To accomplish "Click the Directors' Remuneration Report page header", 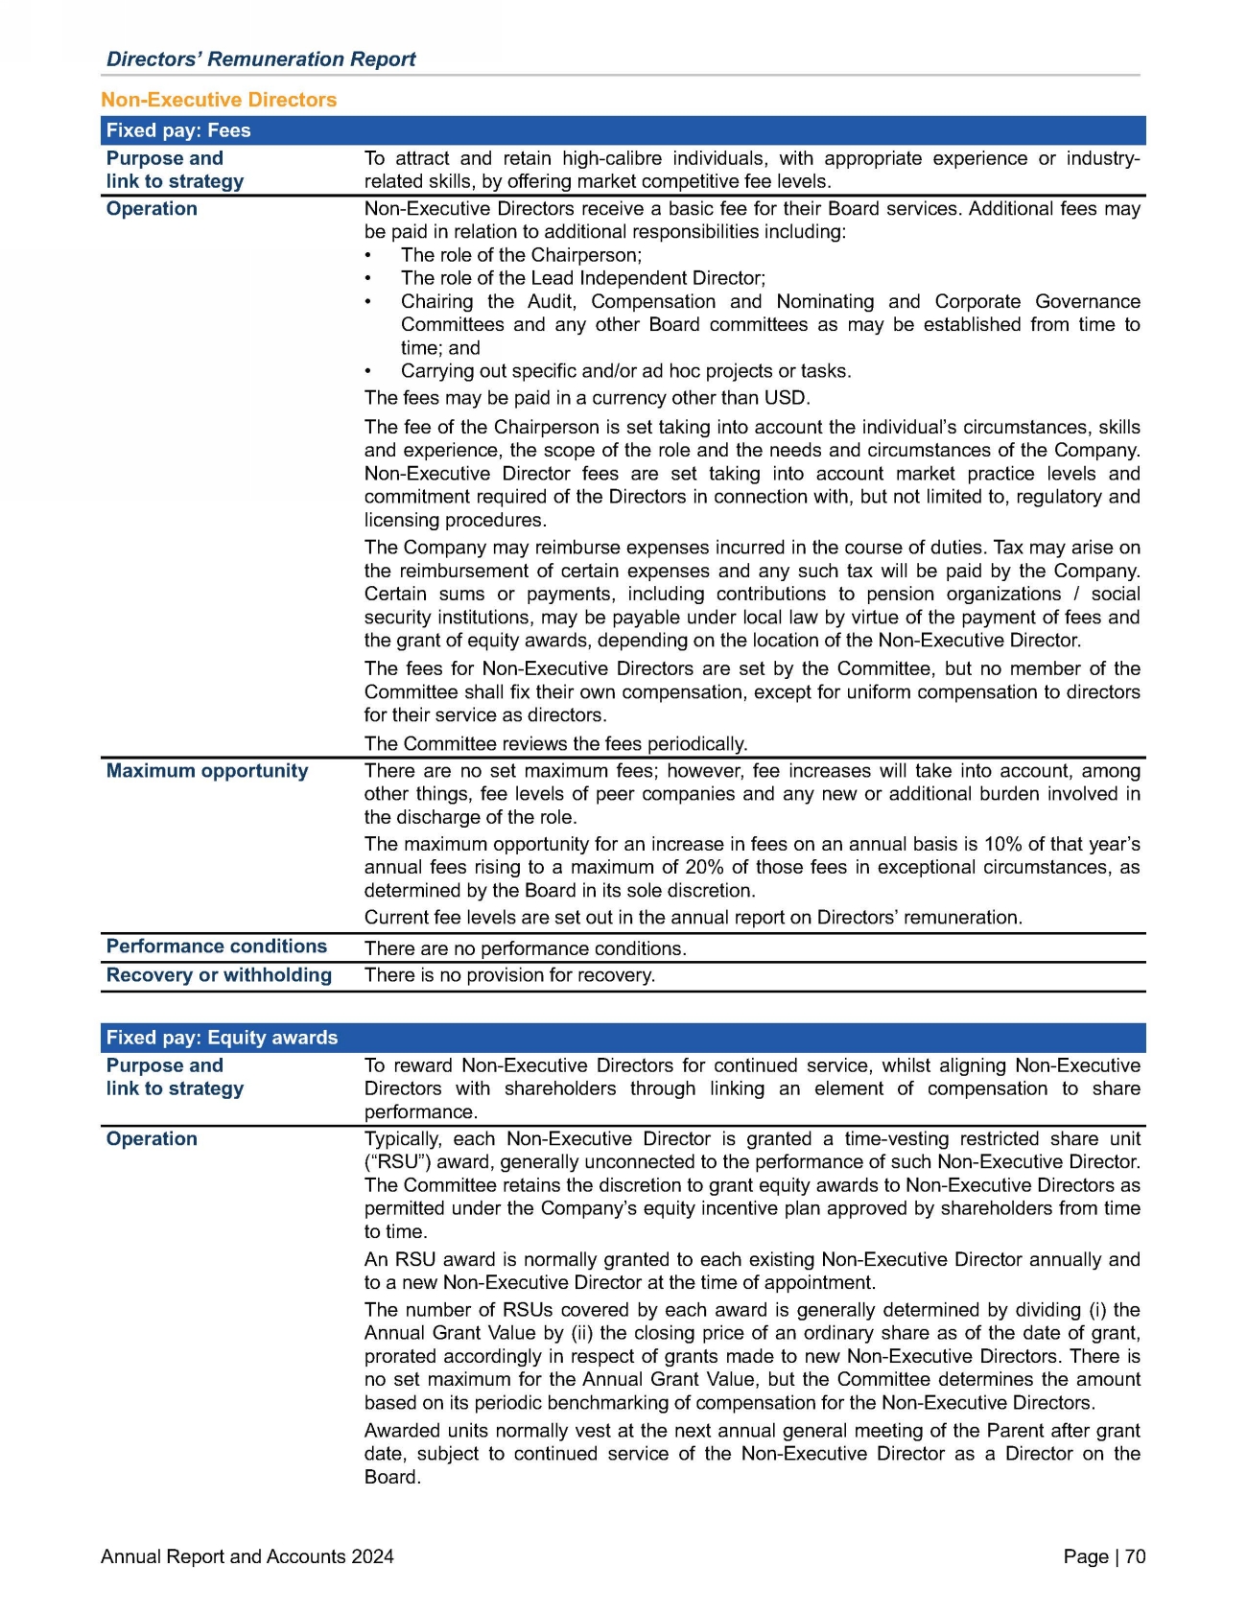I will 261,59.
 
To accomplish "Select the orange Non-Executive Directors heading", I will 219,100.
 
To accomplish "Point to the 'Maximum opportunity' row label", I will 207,771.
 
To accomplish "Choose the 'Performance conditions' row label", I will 217,947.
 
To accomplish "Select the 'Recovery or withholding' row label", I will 219,975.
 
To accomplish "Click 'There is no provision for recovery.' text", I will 509,976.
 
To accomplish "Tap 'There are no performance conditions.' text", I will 526,948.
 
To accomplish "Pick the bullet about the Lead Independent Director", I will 582,278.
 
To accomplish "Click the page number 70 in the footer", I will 1135,1556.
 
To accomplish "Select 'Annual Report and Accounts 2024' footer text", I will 247,1556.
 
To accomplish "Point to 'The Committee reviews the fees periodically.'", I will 555,744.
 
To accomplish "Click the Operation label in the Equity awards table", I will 152,1139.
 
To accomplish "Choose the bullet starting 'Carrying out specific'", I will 625,371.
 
